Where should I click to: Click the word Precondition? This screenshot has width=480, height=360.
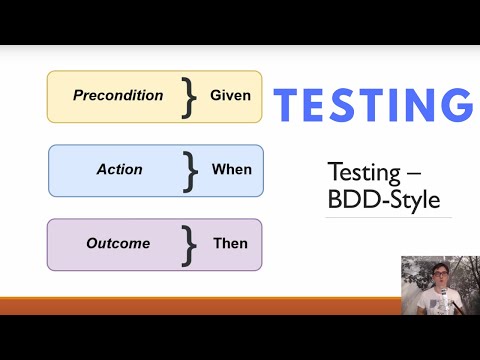(118, 96)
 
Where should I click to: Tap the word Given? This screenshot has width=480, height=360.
(231, 96)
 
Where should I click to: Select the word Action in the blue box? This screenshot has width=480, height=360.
(120, 169)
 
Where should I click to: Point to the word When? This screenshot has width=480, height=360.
(232, 169)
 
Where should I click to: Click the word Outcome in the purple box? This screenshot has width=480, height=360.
(118, 243)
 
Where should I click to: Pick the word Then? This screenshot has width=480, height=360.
(231, 243)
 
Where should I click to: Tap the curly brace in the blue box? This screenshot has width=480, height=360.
(190, 170)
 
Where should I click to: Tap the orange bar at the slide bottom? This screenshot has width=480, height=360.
(200, 305)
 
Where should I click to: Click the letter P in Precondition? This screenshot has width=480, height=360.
(78, 96)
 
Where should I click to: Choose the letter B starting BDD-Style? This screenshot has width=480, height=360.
(335, 200)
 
